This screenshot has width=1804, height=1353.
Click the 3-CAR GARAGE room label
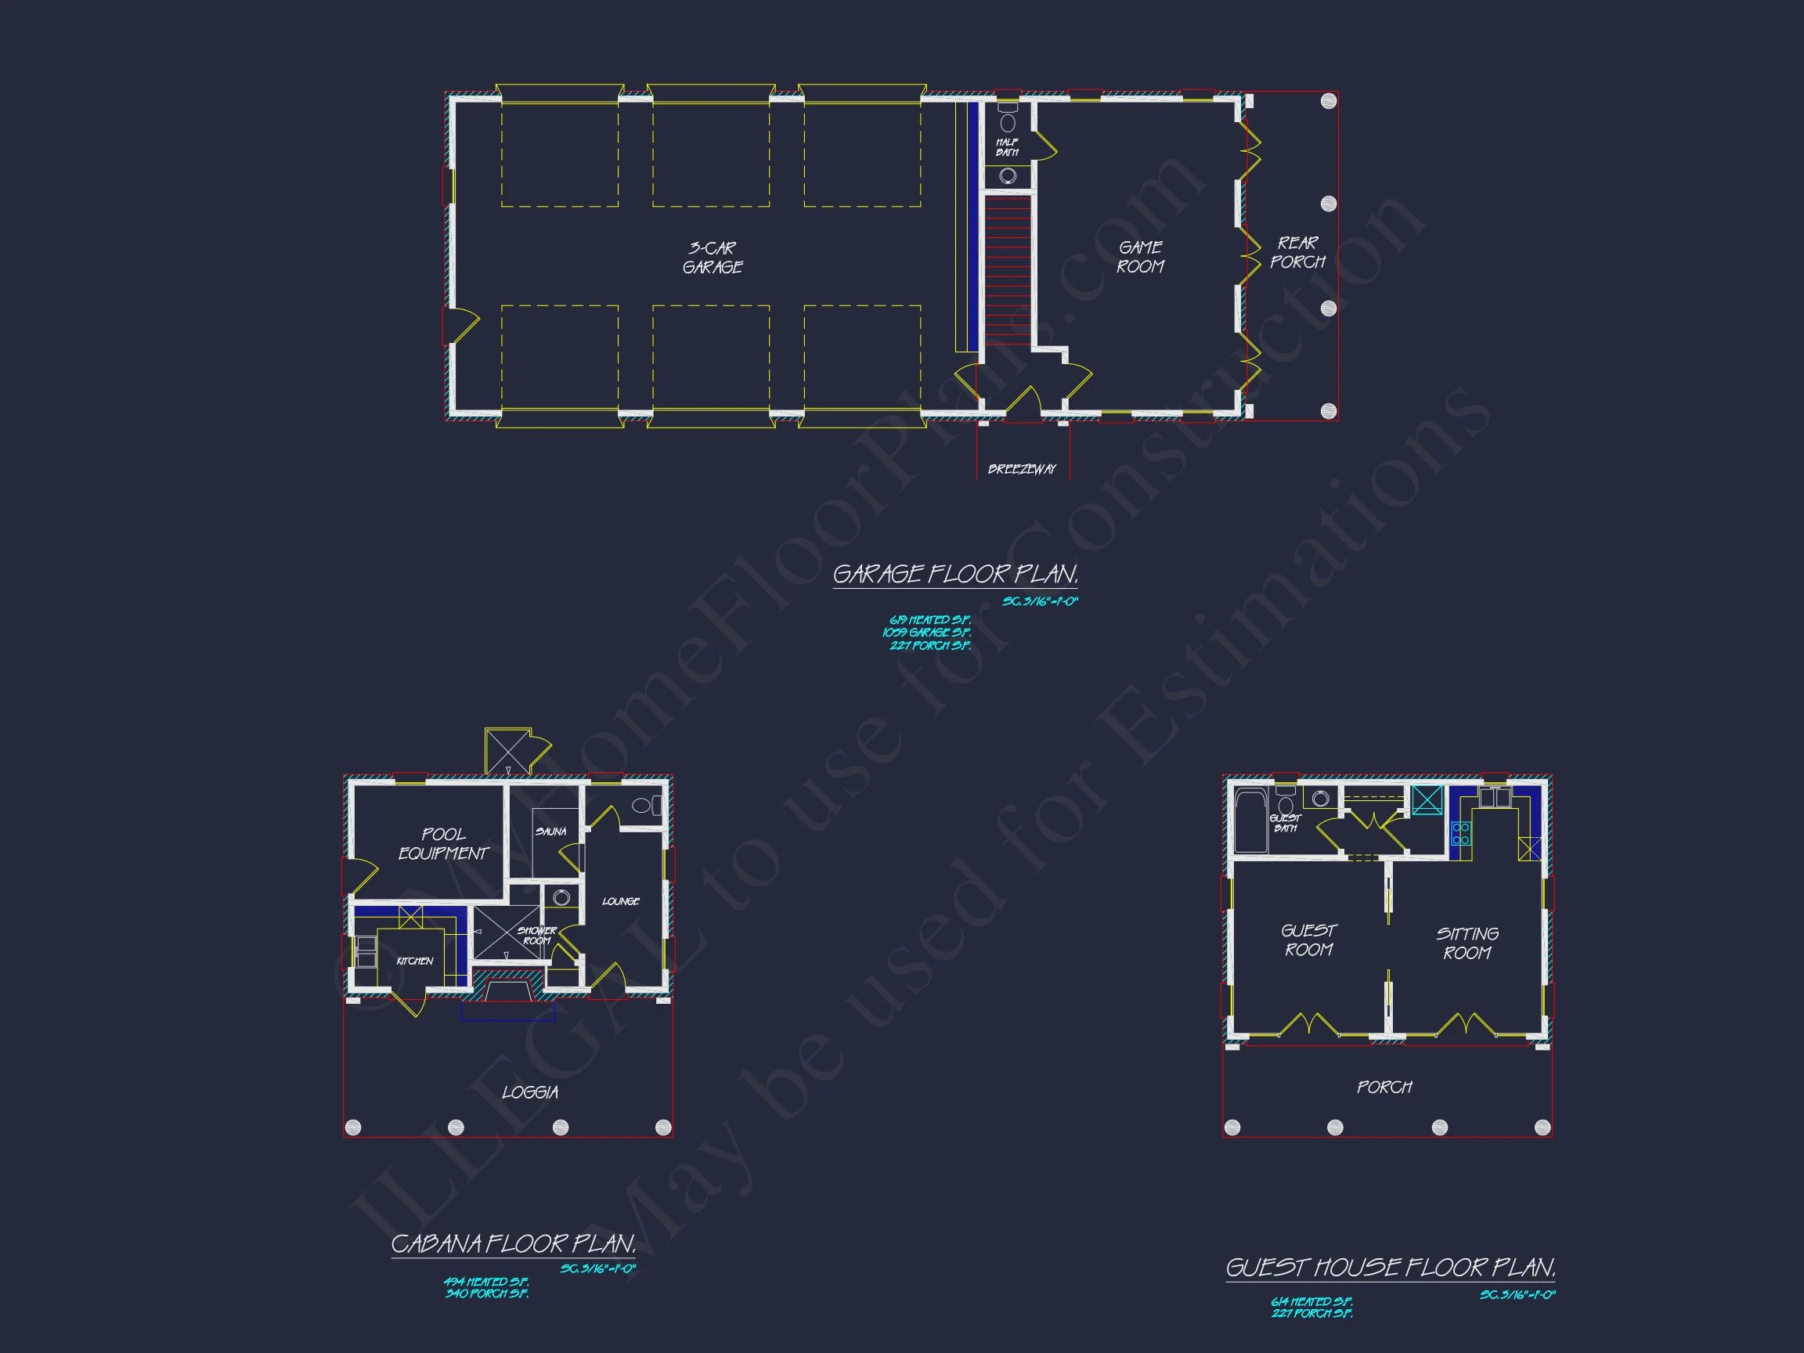[x=712, y=258]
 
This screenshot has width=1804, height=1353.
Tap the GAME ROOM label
[x=1140, y=257]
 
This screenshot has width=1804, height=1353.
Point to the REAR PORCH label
[x=1297, y=253]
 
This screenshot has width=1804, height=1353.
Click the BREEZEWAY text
[x=1022, y=469]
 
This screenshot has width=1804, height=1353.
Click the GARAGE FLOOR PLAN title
[x=955, y=575]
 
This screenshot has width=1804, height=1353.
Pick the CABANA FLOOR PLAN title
[x=513, y=1243]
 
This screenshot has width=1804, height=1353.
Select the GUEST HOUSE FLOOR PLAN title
[x=1391, y=1268]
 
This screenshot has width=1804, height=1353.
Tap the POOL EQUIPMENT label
[x=443, y=844]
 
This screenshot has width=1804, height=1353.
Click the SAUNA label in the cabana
[x=550, y=832]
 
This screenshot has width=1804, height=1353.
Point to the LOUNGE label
[x=621, y=901]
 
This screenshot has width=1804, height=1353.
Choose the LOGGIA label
[x=530, y=1093]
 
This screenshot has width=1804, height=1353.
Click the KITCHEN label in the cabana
[x=414, y=961]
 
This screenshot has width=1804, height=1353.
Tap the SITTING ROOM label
[x=1467, y=943]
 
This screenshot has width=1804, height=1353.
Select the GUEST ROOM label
[x=1308, y=940]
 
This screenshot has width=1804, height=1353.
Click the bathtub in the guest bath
[x=1250, y=820]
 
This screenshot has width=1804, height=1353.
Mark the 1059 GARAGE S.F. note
[x=926, y=633]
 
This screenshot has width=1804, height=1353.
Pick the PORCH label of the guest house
[x=1384, y=1087]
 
